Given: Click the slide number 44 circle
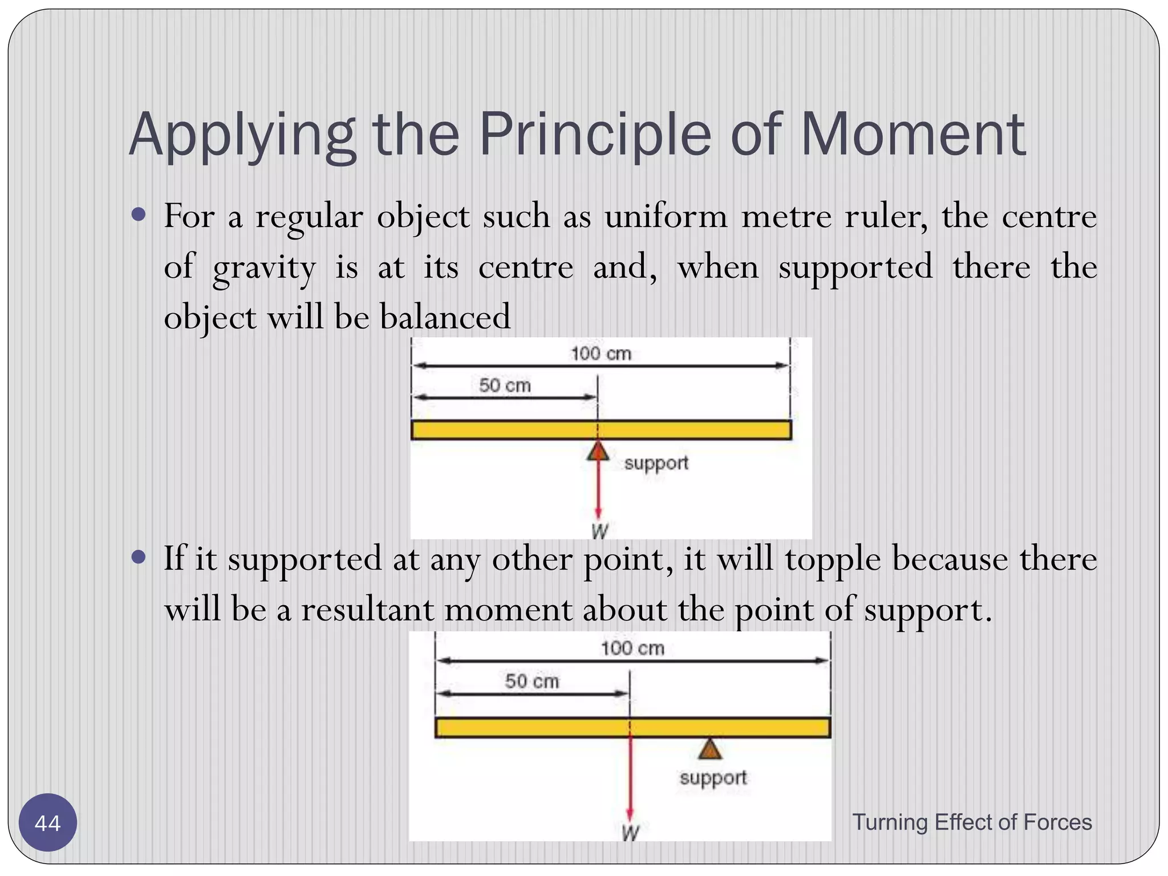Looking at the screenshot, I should pos(47,823).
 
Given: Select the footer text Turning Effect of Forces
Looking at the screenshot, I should pos(972,822).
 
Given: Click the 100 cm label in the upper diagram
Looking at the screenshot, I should pos(601,354).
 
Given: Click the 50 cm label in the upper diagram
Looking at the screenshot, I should pos(505,386).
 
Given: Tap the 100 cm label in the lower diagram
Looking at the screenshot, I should pos(632,648).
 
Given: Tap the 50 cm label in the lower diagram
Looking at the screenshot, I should pos(532,681).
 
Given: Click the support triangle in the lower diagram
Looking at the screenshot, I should pos(710,749).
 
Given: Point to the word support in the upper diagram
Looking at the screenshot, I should pos(656,463).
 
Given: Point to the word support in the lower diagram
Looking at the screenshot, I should pos(713,778).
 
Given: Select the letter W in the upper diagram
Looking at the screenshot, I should pos(599,531).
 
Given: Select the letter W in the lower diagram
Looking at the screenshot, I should pos(630,833).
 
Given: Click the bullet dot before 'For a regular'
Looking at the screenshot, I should pos(139,216).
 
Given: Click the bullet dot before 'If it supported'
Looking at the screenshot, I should pos(139,557).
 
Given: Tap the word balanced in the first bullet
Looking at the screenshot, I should pos(445,317).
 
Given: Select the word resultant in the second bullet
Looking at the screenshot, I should pos(367,610).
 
